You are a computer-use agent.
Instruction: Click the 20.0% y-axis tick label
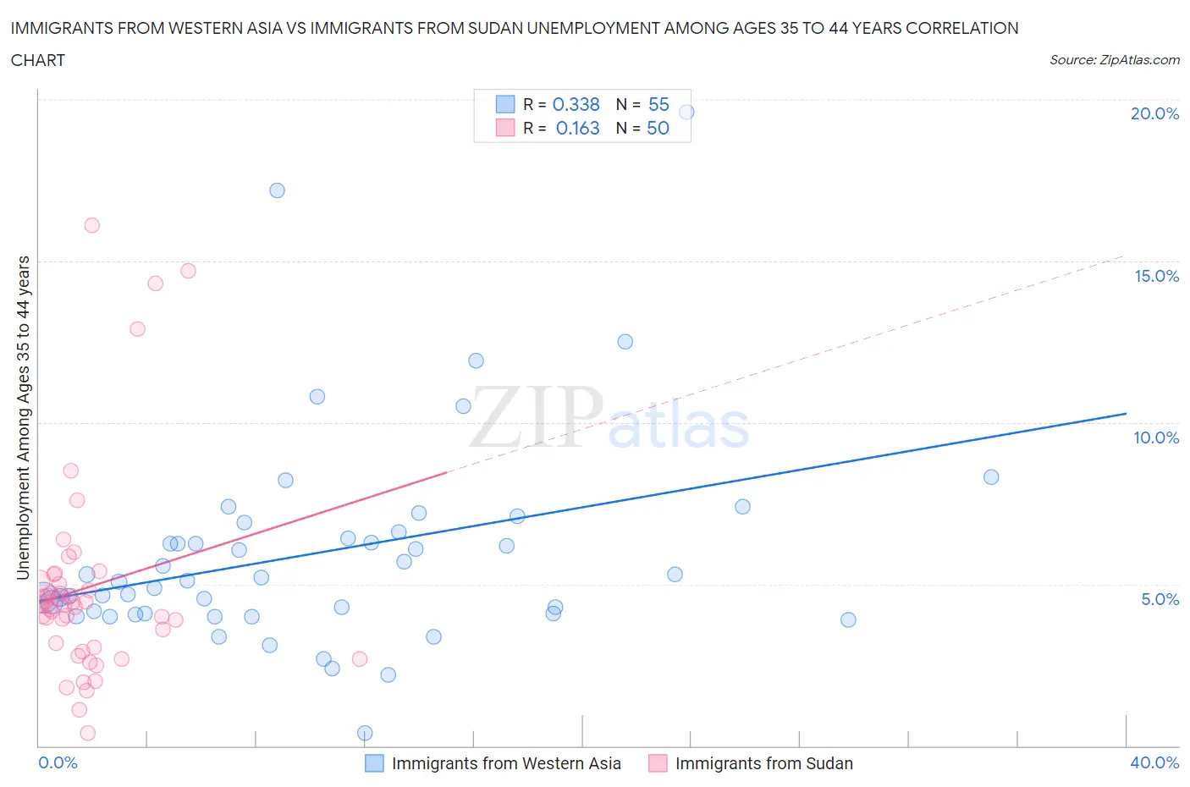[1154, 113]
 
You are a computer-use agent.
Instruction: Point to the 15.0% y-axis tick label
[1156, 276]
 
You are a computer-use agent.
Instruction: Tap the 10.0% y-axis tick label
[1156, 438]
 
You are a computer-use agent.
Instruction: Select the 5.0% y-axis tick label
[1160, 599]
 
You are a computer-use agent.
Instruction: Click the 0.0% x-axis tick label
[58, 762]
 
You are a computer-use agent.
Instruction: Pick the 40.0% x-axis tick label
[1154, 762]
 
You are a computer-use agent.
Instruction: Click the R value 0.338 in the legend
[576, 104]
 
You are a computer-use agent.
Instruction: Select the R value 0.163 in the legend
[577, 128]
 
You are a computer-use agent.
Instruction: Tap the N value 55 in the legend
[658, 104]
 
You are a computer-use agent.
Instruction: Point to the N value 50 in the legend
[658, 128]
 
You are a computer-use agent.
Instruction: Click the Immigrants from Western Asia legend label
[506, 763]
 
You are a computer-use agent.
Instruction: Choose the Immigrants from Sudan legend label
[763, 763]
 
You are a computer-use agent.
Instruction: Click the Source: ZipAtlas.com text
[1114, 59]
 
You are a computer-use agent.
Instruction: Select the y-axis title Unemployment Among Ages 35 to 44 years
[24, 418]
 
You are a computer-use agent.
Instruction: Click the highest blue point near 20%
[686, 112]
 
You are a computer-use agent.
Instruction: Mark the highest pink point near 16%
[92, 225]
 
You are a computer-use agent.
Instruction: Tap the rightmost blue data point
[991, 477]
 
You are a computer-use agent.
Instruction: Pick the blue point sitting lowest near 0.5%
[365, 733]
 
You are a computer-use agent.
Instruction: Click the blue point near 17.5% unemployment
[277, 190]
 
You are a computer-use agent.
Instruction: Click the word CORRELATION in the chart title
[961, 28]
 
